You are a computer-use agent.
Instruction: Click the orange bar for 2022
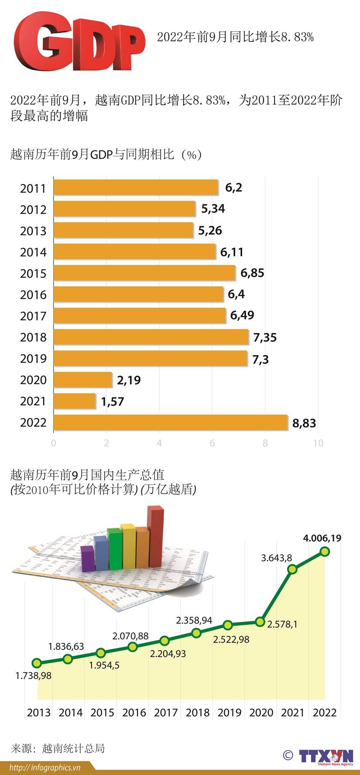[170, 423]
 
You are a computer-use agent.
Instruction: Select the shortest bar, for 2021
[75, 401]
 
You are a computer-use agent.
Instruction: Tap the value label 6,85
[252, 273]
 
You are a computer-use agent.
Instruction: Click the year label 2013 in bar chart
[33, 231]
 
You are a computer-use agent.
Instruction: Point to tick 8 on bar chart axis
[265, 443]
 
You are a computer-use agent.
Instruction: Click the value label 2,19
[129, 380]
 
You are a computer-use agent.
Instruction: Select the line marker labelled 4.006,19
[324, 552]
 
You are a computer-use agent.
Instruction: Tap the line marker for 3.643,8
[292, 569]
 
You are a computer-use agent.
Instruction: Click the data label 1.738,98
[34, 676]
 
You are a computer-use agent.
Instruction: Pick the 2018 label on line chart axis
[198, 713]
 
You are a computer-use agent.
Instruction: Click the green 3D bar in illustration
[114, 549]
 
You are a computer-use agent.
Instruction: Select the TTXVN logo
[326, 757]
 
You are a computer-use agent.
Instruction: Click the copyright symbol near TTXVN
[288, 755]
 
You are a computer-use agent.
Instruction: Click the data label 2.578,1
[282, 625]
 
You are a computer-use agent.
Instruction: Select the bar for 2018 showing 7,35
[151, 337]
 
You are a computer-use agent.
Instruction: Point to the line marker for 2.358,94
[196, 633]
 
